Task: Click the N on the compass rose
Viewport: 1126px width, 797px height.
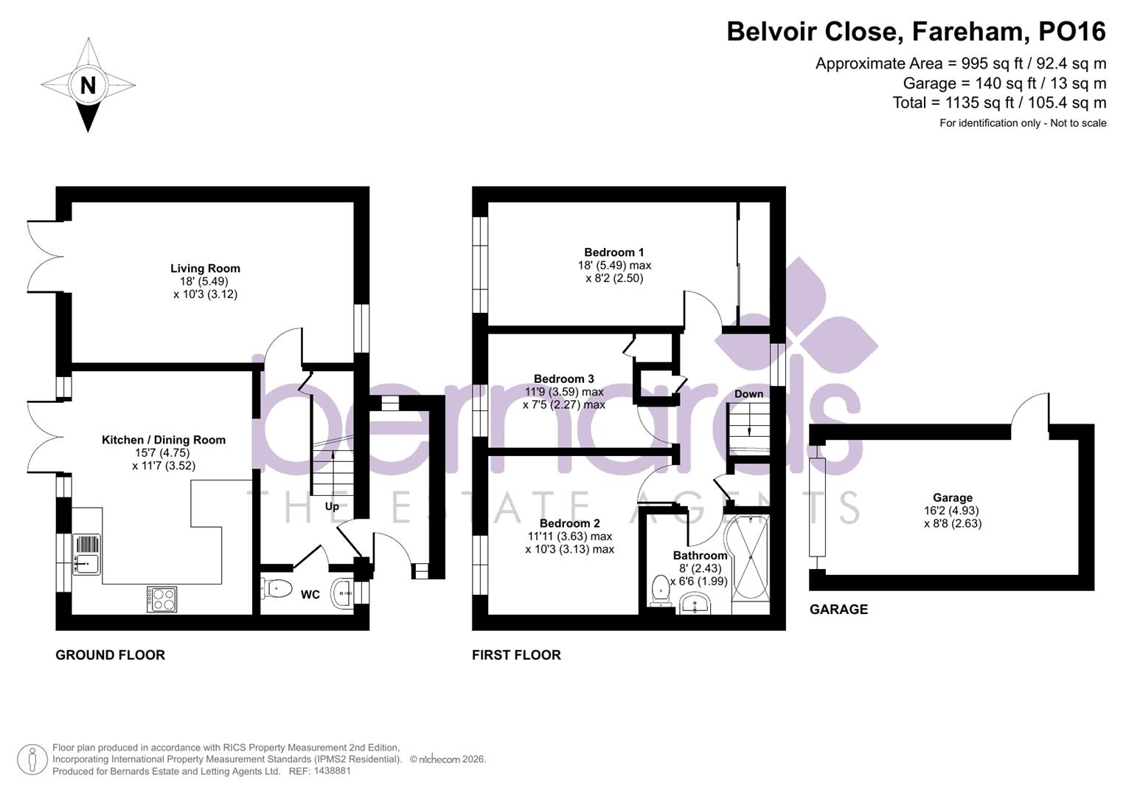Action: point(88,86)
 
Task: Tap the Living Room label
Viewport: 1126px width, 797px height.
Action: point(205,269)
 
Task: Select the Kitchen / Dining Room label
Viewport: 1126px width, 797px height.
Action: point(164,440)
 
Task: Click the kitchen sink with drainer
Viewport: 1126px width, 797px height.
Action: point(86,554)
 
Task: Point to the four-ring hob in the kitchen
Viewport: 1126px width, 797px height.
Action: point(161,598)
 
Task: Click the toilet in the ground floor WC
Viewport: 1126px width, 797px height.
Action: point(277,588)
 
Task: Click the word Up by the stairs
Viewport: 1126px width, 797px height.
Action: point(332,506)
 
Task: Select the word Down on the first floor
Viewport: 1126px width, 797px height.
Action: point(748,394)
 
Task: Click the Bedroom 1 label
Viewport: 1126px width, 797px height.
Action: point(614,252)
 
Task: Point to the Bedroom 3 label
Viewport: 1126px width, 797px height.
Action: point(563,379)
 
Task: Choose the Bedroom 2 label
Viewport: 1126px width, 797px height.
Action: point(569,524)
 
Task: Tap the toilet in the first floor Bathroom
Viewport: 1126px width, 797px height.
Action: point(660,590)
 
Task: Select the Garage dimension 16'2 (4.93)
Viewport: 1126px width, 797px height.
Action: point(952,511)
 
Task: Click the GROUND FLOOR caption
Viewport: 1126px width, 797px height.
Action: point(110,655)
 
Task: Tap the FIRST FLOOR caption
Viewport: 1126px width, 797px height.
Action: point(516,655)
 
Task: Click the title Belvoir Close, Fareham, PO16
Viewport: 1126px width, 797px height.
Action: point(916,32)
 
